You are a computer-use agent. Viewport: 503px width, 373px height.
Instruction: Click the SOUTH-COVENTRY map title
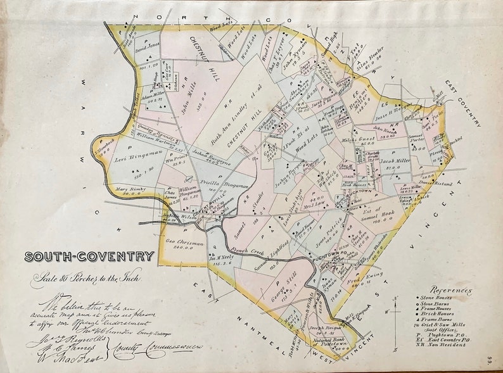click(89, 256)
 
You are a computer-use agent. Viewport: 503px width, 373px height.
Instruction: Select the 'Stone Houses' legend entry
click(438, 298)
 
